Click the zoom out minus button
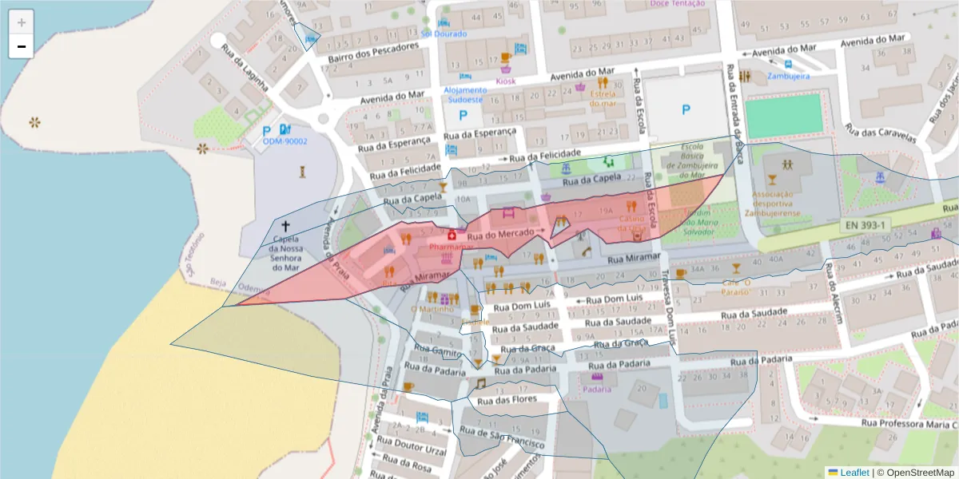21,46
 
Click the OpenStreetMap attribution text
917,472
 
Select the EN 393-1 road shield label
865,226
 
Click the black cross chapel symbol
286,227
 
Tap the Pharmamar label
452,247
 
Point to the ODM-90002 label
285,141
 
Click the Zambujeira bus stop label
788,76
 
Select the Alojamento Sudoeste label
464,95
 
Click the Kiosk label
506,81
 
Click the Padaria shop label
597,389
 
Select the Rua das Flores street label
507,400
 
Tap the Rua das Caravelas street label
880,133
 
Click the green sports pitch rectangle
783,117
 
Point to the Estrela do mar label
603,98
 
